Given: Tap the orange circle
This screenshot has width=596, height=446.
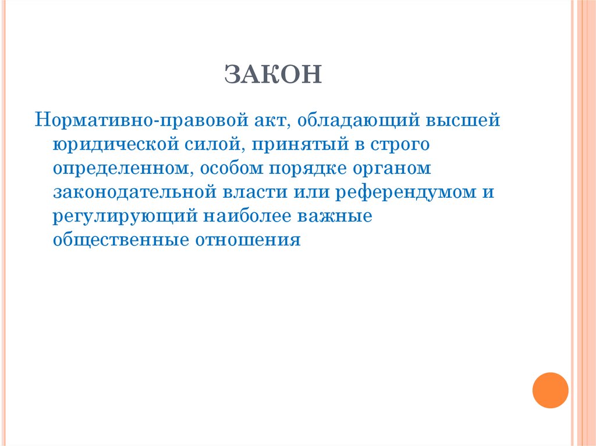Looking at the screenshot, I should (550, 390).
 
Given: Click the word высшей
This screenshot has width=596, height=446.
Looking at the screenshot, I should (464, 121).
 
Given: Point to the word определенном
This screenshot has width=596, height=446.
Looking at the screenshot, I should (123, 169).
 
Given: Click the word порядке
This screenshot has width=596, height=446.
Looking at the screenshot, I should (307, 169).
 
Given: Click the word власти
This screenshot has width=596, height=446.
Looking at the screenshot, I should (260, 192).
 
